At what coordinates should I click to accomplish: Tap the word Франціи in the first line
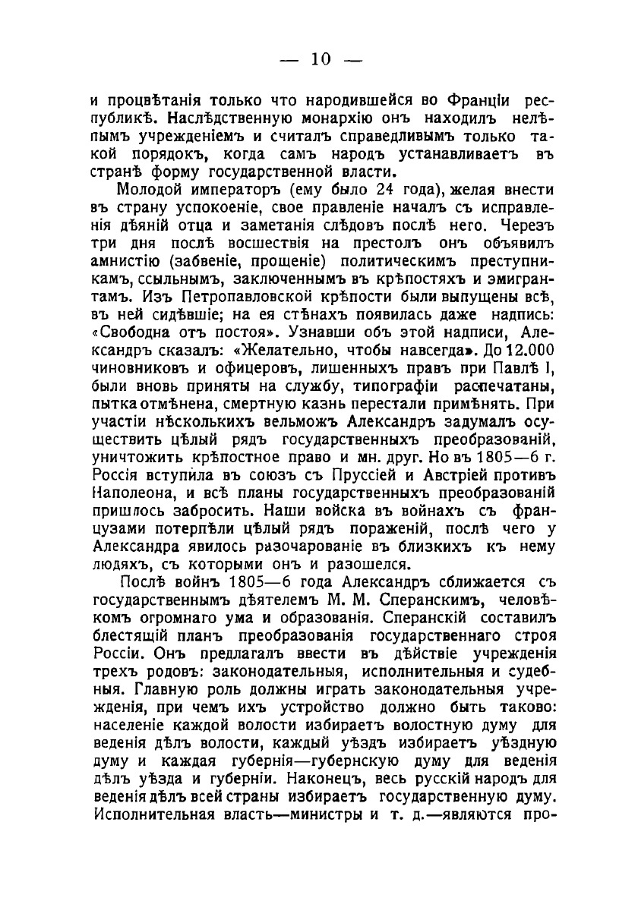[x=468, y=100]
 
